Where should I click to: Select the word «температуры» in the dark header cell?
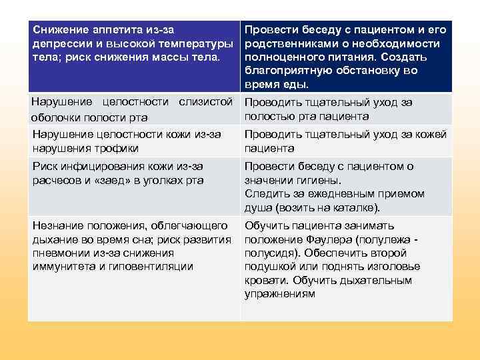click(198, 43)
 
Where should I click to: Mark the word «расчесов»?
click(58, 180)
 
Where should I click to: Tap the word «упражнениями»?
click(280, 293)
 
